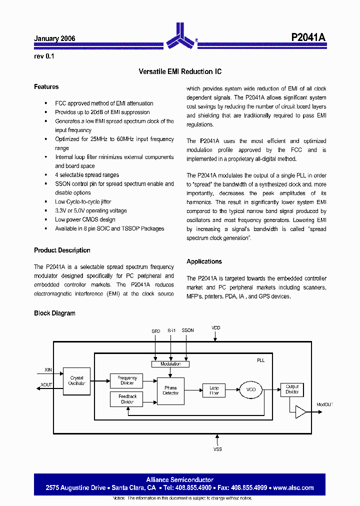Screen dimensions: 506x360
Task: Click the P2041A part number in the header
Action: pos(308,37)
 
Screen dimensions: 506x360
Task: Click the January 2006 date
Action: pos(54,38)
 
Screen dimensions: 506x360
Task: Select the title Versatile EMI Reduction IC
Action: pos(180,72)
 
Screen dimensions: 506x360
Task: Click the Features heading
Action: pos(46,87)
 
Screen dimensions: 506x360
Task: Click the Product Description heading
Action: pos(62,250)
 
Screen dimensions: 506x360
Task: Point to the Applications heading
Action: pos(204,261)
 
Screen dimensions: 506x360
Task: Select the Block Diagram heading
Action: pos(54,313)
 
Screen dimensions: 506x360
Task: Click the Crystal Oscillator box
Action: pos(76,381)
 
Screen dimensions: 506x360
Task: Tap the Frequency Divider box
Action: pos(126,380)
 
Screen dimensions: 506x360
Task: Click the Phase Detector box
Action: pos(170,390)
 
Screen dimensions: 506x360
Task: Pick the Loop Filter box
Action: pos(213,390)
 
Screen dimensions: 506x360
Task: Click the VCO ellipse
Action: pos(251,390)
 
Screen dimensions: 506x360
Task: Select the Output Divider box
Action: pos(292,389)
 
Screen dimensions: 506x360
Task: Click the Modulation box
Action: pos(170,364)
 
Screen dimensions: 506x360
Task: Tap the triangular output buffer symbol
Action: pos(301,411)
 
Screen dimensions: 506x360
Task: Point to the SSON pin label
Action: pos(187,331)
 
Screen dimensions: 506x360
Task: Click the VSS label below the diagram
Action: pos(217,449)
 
